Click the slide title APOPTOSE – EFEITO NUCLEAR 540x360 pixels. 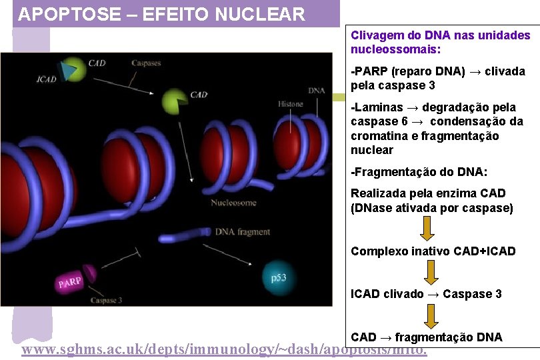161,14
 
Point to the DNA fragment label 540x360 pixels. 242,232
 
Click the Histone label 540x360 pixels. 290,104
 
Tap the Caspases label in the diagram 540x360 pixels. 146,63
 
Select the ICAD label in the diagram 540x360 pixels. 46,79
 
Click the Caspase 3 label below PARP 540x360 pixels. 107,301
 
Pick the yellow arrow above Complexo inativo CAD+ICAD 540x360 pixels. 427,228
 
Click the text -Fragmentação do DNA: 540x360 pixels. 419,172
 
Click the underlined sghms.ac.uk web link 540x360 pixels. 224,351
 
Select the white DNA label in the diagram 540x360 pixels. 317,91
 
